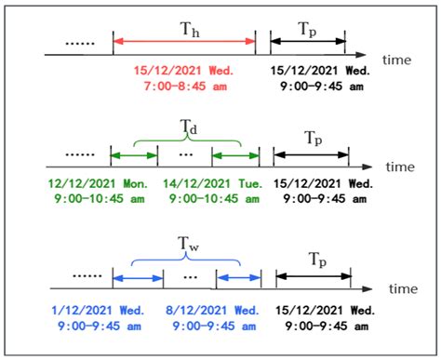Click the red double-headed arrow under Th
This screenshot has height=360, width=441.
coord(184,41)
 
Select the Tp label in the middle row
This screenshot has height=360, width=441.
coord(311,138)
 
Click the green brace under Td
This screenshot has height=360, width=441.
coord(187,139)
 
